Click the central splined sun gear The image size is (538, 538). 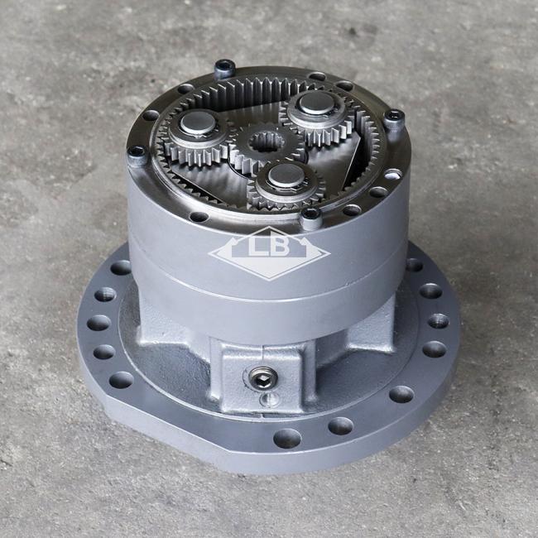point(266,148)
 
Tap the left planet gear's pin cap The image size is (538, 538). point(198,122)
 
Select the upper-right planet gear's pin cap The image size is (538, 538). point(316,103)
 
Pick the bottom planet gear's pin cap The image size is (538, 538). point(286,176)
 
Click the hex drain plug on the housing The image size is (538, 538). point(262,378)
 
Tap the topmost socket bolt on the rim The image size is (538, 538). point(225,68)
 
